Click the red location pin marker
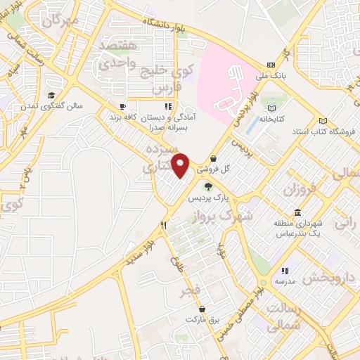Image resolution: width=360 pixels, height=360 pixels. pyautogui.click(x=181, y=165)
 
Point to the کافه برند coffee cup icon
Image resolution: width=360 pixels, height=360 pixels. pyautogui.click(x=122, y=108)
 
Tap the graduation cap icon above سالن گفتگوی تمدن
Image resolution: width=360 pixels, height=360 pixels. pyautogui.click(x=51, y=96)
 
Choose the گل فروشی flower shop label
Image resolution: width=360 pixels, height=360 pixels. pyautogui.click(x=214, y=169)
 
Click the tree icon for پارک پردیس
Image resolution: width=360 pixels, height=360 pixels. pyautogui.click(x=207, y=186)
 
